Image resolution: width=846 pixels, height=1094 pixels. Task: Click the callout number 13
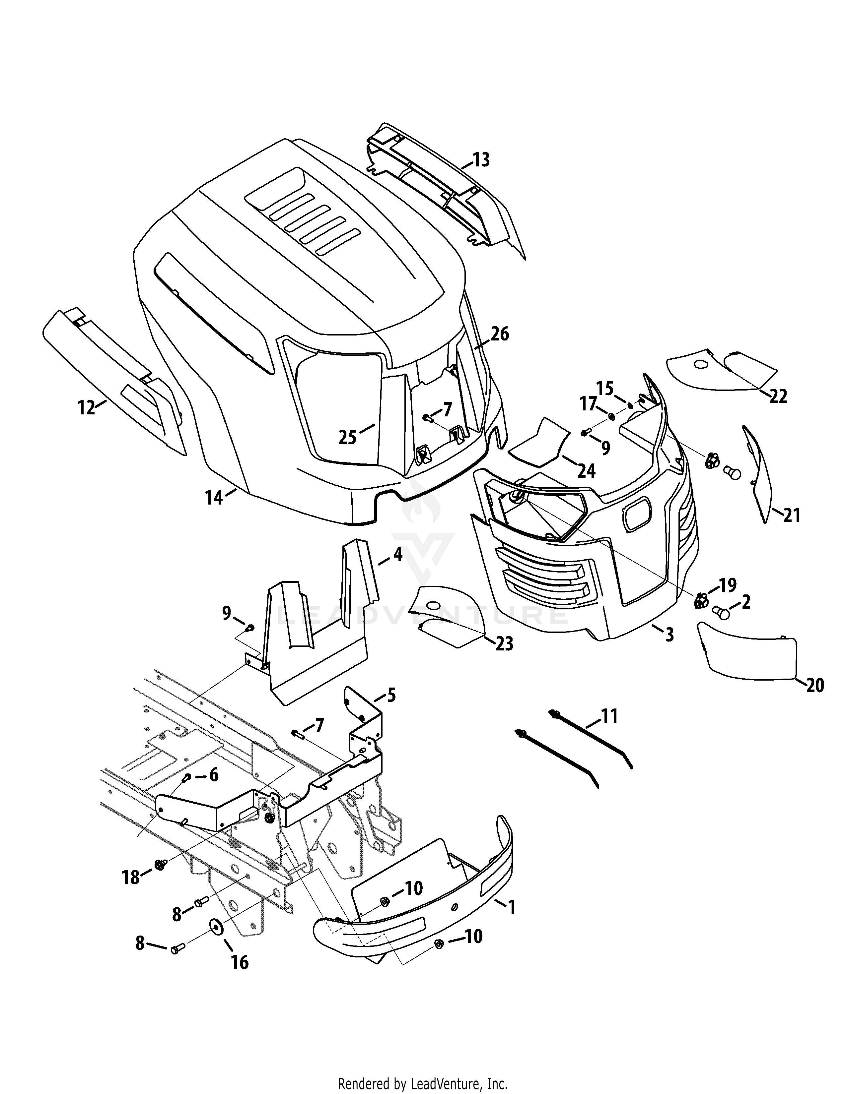click(x=481, y=160)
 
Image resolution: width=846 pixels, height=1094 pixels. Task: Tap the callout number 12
click(x=86, y=408)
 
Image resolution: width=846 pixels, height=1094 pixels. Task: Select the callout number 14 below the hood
click(x=214, y=498)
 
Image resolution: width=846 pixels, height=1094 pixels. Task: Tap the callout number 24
click(x=586, y=470)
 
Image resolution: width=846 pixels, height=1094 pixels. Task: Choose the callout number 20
click(x=815, y=685)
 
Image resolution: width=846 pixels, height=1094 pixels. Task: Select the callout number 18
click(x=131, y=877)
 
